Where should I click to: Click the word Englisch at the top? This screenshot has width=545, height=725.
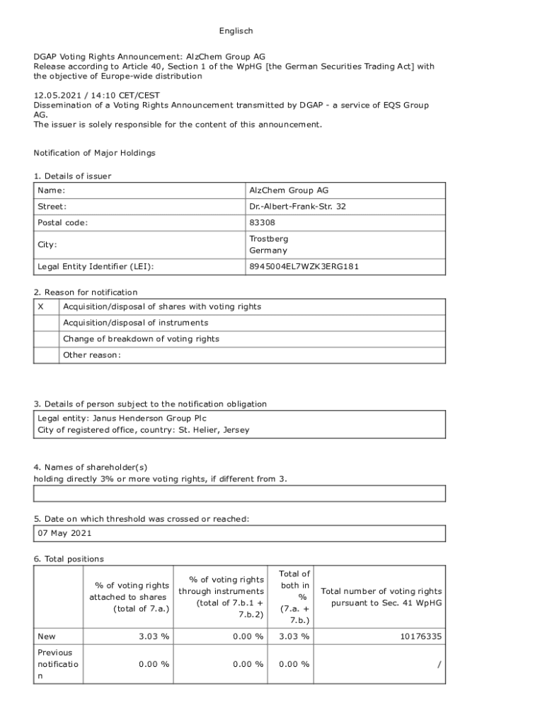coord(236,31)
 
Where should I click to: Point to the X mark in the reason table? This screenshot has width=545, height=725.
coord(40,307)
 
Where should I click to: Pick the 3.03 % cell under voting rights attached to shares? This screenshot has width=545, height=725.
coord(155,636)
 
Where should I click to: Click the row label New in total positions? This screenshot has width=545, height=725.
coord(47,636)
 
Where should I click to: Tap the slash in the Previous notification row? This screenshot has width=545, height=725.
coord(440,664)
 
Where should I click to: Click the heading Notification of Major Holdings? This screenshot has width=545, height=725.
coord(95,153)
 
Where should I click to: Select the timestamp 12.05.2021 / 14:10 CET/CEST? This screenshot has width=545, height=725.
coord(97,96)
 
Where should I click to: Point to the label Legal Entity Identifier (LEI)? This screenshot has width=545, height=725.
coord(96,267)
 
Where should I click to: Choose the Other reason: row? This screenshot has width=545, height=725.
coord(92,355)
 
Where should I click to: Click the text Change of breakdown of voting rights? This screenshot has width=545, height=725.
coord(141,339)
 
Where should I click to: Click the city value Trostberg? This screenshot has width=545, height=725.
coord(268,239)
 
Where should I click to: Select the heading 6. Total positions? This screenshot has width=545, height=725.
coord(69,559)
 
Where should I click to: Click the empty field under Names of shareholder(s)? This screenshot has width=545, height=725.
coord(240,493)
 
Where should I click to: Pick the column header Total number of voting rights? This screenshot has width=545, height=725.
coord(381,591)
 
